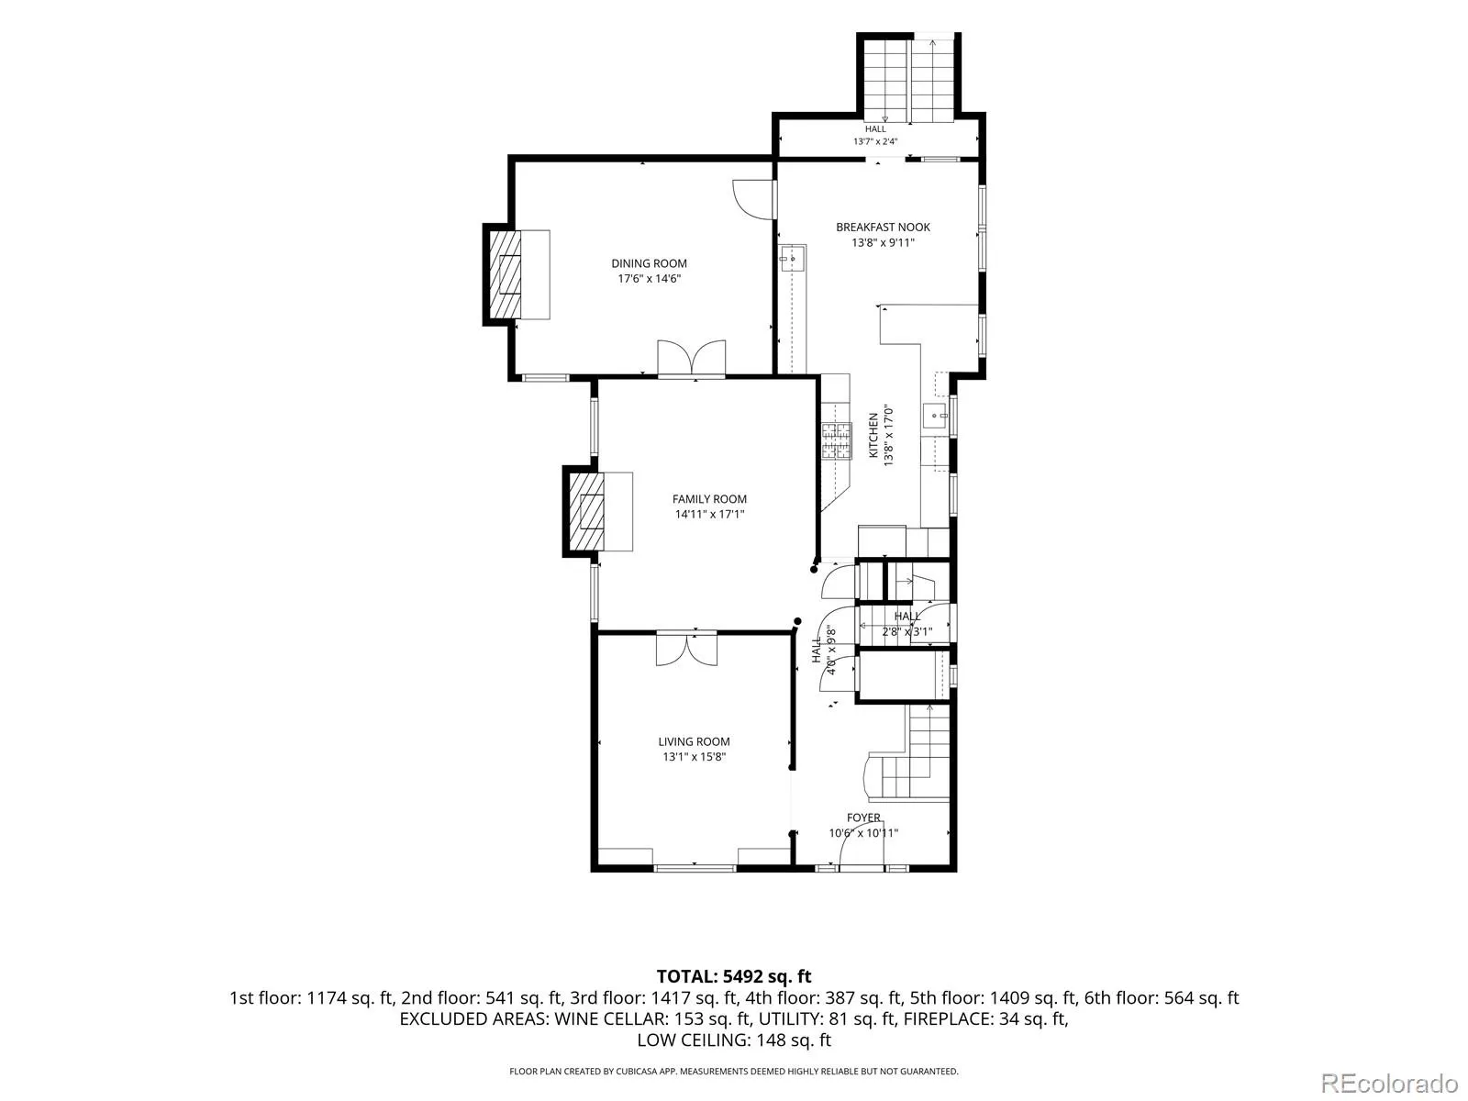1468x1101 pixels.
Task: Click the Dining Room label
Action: click(x=649, y=263)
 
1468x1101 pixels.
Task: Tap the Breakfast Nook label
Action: click(x=883, y=228)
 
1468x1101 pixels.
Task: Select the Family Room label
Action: click(x=709, y=499)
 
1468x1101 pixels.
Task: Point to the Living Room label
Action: click(x=694, y=741)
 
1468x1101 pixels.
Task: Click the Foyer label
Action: click(x=863, y=817)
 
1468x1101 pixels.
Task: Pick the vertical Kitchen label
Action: click(x=873, y=435)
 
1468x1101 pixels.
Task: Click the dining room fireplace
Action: click(x=505, y=274)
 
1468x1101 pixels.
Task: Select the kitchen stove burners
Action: click(x=837, y=441)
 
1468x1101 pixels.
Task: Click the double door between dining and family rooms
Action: click(x=692, y=359)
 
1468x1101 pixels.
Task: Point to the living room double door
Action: click(x=686, y=649)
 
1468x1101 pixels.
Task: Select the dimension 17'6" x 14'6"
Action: click(x=649, y=279)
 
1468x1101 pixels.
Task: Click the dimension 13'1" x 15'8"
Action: click(x=695, y=757)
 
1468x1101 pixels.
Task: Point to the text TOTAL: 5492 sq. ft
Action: click(x=734, y=976)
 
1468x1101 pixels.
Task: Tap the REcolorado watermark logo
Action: click(x=1389, y=1083)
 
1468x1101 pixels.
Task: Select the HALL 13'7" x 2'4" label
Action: click(x=875, y=135)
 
